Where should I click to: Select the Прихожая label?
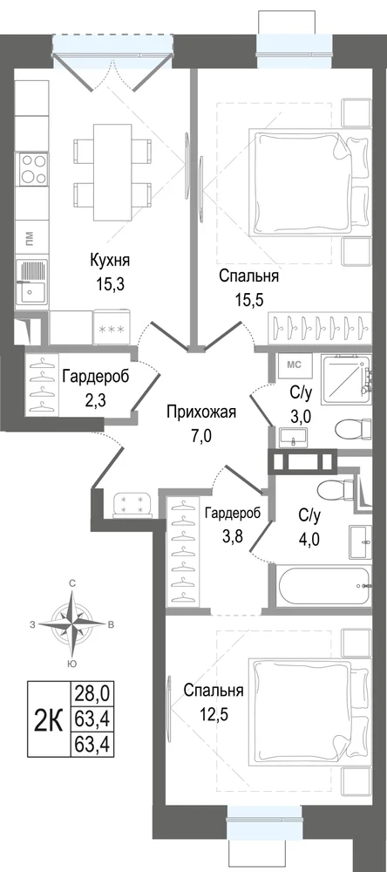coord(202,412)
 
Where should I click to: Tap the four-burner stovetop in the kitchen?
coord(33,169)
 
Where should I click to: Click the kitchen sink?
coord(32,282)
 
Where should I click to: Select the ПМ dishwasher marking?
coord(30,241)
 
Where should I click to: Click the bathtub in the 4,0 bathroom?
coord(323,586)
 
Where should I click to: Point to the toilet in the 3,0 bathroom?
coord(354,430)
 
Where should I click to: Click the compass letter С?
coord(71,582)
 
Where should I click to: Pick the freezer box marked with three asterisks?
coord(114,330)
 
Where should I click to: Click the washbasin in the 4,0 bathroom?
coord(362,540)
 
